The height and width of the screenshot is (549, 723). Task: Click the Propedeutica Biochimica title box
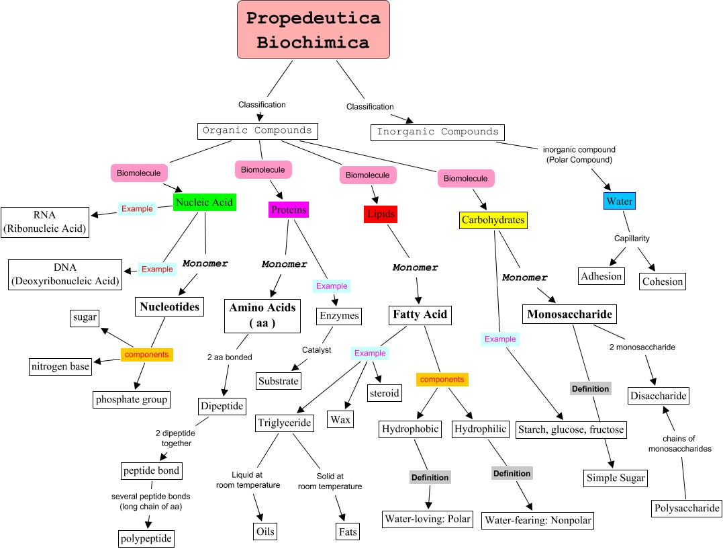coord(313,30)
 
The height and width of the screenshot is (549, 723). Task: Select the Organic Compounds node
coord(257,130)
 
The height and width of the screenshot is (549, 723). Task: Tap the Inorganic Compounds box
coord(438,132)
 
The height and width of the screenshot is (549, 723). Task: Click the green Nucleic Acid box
coord(204,202)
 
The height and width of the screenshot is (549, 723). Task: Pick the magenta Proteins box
coord(289,210)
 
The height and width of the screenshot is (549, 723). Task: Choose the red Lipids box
coord(381,214)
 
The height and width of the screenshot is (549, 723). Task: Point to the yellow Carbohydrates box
coord(493,220)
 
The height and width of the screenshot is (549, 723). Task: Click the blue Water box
coord(619,201)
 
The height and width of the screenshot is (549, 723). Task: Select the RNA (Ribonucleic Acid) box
coord(45,222)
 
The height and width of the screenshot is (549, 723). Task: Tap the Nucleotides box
coord(169,307)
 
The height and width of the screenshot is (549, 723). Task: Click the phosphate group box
coord(131,399)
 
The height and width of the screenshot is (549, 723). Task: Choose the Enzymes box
coord(339,316)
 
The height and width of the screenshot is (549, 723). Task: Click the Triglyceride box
coord(285,423)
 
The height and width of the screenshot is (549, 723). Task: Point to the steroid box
coord(384,393)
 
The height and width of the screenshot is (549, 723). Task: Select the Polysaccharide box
coord(687,508)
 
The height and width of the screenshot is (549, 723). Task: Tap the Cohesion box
coord(663,282)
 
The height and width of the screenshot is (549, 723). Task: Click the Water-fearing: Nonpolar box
coord(538,520)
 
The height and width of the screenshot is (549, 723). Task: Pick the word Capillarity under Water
coord(632,239)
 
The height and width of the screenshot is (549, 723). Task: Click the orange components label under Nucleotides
coord(146,354)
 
